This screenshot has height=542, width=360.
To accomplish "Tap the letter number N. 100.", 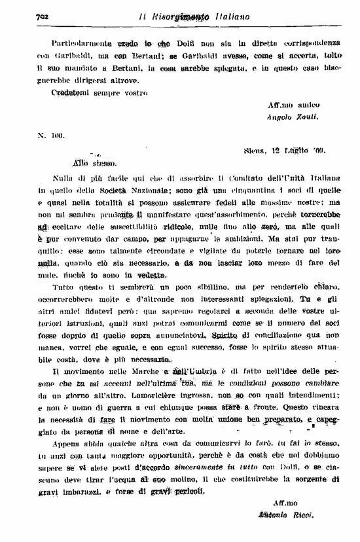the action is [50, 136].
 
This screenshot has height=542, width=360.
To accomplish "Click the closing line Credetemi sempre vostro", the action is [98, 92].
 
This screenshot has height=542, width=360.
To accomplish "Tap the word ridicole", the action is [174, 225].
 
